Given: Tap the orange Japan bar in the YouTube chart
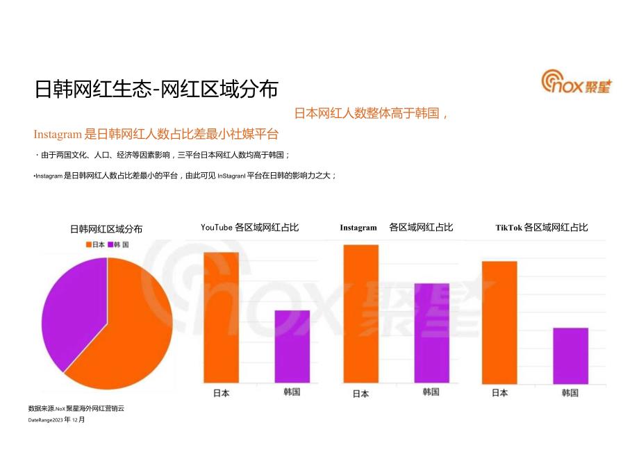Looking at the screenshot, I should pyautogui.click(x=221, y=316).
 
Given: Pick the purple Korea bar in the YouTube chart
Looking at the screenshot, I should pyautogui.click(x=292, y=345).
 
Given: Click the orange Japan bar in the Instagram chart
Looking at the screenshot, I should pyautogui.click(x=361, y=312).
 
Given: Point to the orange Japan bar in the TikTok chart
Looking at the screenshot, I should pyautogui.click(x=499, y=321).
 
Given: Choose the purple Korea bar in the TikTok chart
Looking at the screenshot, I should pyautogui.click(x=570, y=354).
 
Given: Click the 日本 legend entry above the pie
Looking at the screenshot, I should pyautogui.click(x=94, y=244).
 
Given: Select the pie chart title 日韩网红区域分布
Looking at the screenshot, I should pyautogui.click(x=106, y=228).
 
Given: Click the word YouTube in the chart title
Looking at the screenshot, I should pyautogui.click(x=217, y=227).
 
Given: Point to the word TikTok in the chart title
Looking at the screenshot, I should pyautogui.click(x=508, y=227).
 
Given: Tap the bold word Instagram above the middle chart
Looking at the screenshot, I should pyautogui.click(x=358, y=228).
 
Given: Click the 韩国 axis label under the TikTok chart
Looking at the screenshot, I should pyautogui.click(x=570, y=392).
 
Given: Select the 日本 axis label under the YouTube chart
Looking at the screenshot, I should pyautogui.click(x=221, y=393).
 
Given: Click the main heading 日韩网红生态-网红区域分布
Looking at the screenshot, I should pyautogui.click(x=156, y=90).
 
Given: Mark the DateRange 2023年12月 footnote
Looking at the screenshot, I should pyautogui.click(x=56, y=420).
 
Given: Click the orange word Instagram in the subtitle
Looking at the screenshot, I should pyautogui.click(x=58, y=134).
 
